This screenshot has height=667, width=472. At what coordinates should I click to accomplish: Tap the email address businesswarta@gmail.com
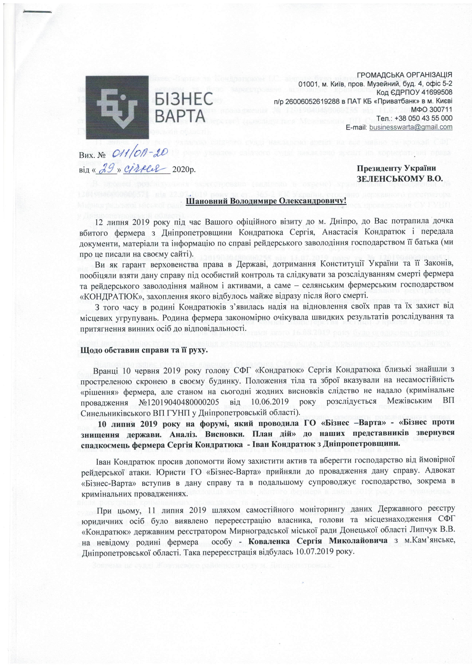pyautogui.click(x=411, y=127)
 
